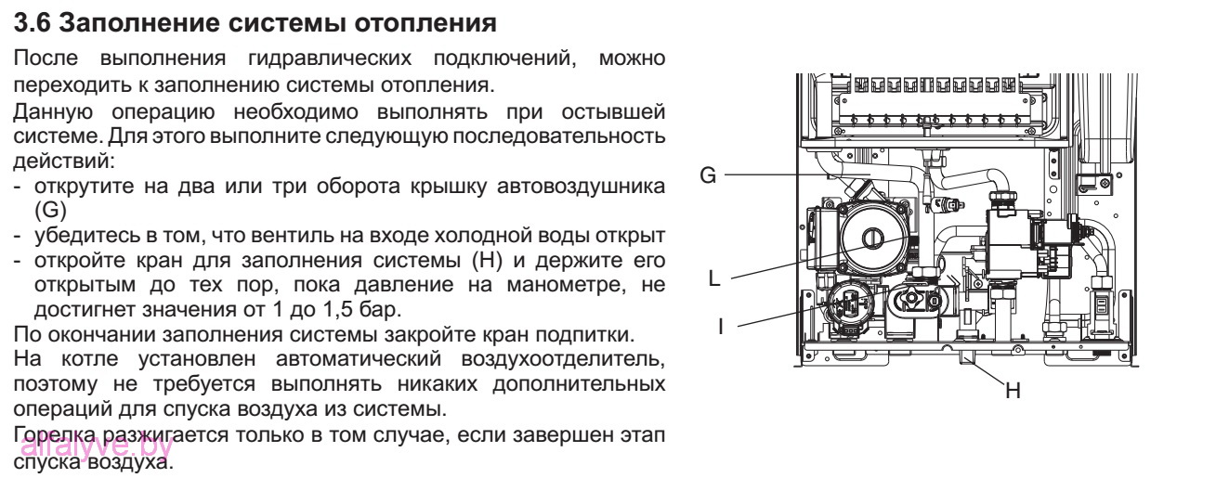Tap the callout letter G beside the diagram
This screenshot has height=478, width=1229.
pyautogui.click(x=707, y=175)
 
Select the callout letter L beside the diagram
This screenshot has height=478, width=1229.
pyautogui.click(x=712, y=278)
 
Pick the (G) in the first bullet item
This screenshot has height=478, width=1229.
pyautogui.click(x=47, y=211)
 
